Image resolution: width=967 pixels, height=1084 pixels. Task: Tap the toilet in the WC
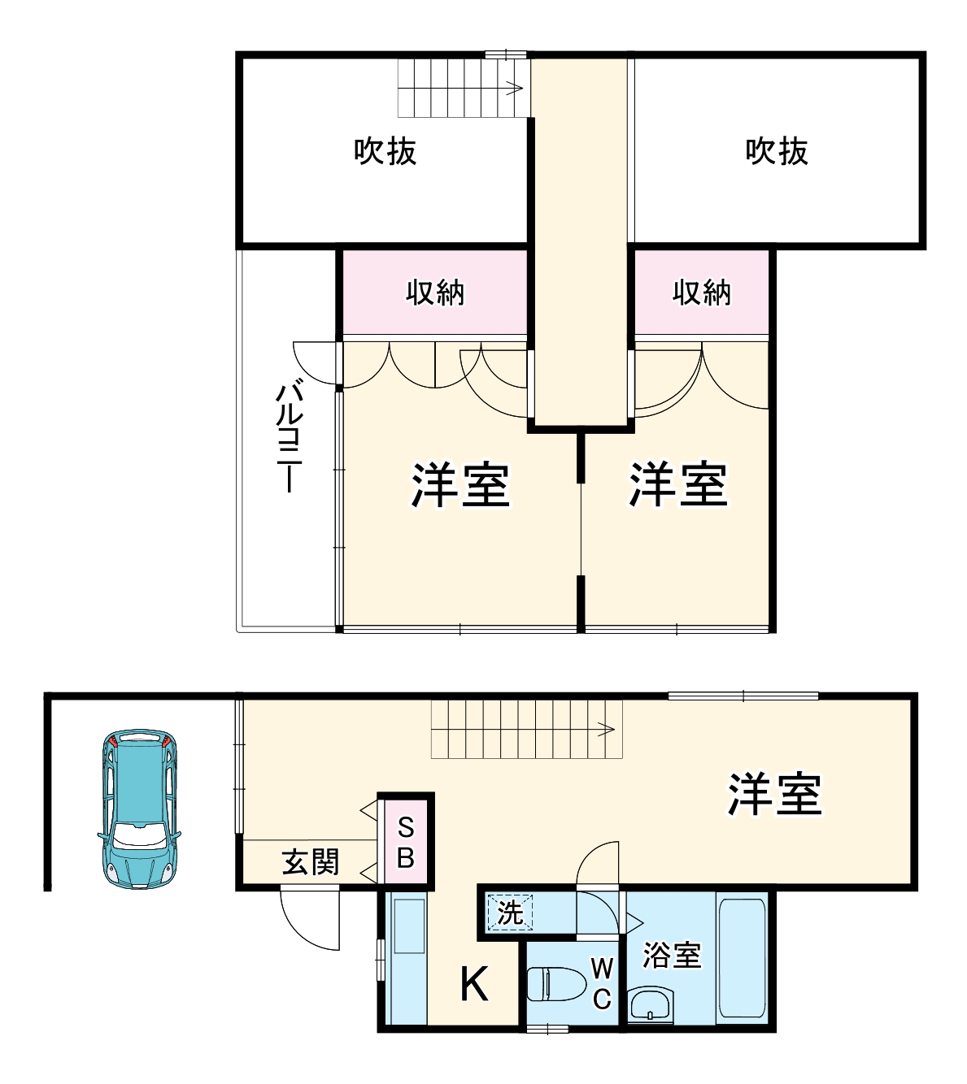pyautogui.click(x=556, y=985)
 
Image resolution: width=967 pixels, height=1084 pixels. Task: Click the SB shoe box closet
pyautogui.click(x=406, y=843)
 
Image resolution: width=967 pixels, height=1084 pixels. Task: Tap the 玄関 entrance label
pyautogui.click(x=310, y=862)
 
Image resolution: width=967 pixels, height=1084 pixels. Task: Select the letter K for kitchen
pyautogui.click(x=474, y=985)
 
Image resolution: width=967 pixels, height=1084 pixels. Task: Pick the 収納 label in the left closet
pyautogui.click(x=435, y=293)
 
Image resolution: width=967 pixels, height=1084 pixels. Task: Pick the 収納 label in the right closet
pyautogui.click(x=701, y=293)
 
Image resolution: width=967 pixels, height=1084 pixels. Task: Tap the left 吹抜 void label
pyautogui.click(x=385, y=151)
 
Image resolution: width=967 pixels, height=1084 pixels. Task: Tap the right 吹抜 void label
pyautogui.click(x=777, y=151)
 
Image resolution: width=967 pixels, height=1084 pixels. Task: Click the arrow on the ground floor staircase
pyautogui.click(x=605, y=729)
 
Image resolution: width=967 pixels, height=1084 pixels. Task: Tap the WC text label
pyautogui.click(x=601, y=983)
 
